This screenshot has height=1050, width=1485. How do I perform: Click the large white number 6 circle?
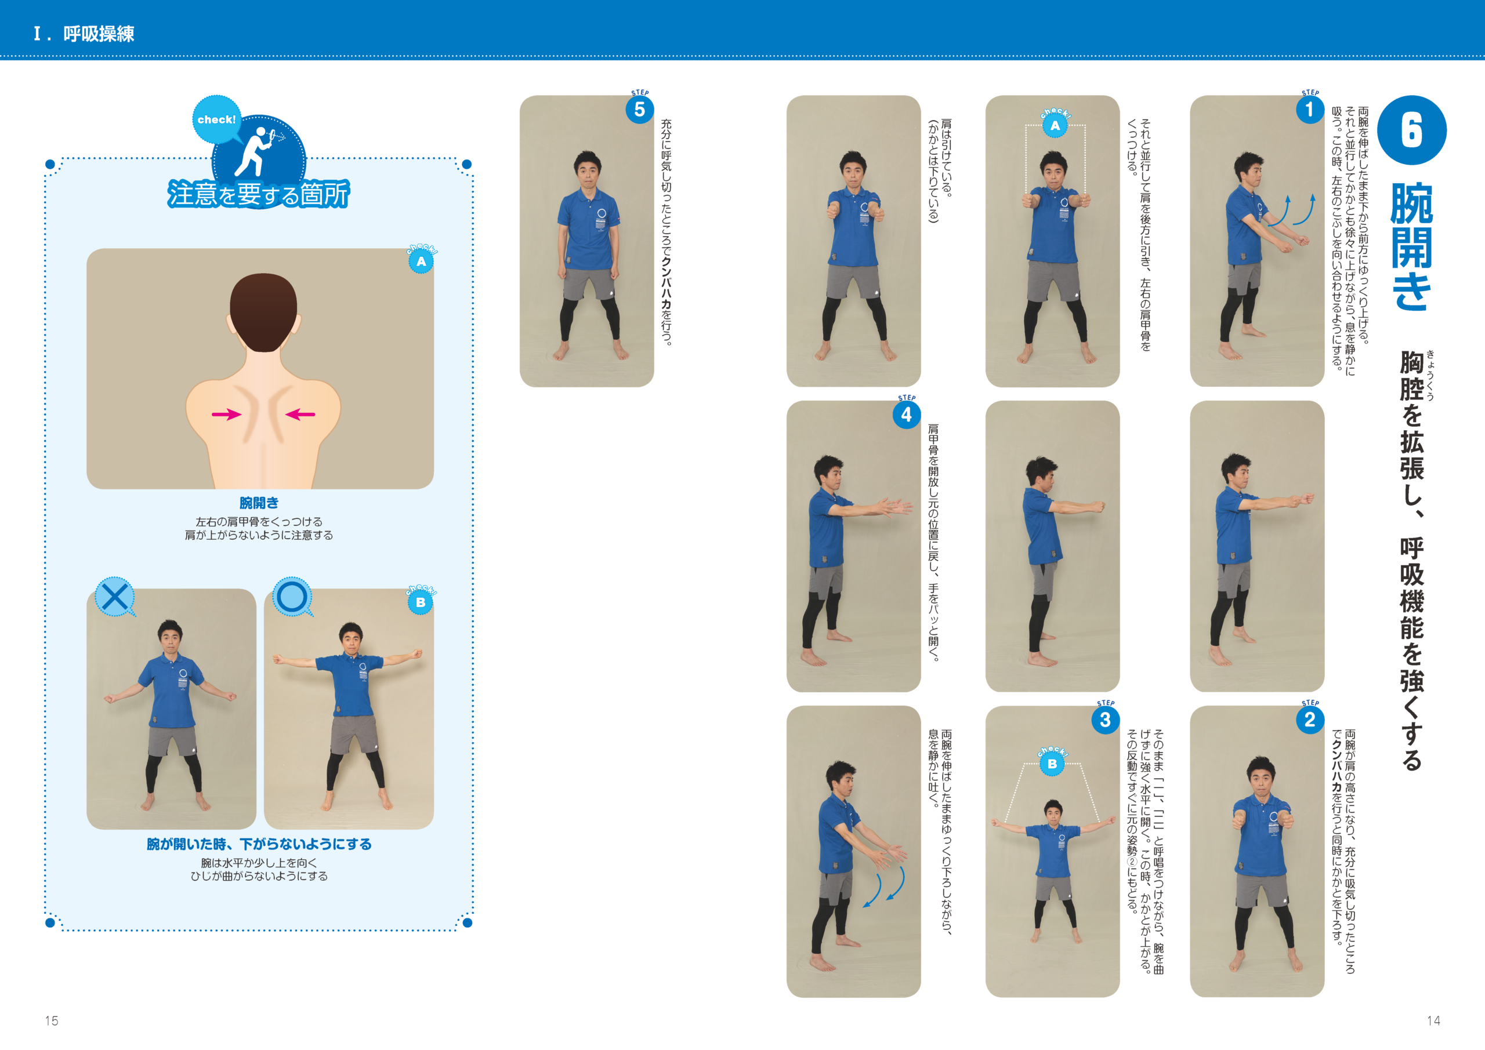[x=1411, y=130]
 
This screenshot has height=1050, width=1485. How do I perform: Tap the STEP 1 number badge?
[x=1310, y=109]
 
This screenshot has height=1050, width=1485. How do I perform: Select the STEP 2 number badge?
[x=1310, y=720]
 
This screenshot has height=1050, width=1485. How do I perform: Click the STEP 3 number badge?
[x=1106, y=720]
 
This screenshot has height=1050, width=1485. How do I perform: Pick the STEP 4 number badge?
[x=906, y=415]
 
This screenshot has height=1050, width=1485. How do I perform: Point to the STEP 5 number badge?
[x=640, y=109]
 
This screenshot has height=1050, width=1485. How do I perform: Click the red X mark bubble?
[x=115, y=597]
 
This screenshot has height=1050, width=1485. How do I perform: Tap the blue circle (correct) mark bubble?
[x=292, y=597]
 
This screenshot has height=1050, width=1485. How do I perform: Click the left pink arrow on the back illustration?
[x=226, y=415]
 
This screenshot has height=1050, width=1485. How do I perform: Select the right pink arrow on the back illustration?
[x=300, y=415]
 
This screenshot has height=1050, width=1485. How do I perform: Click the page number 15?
[x=52, y=1021]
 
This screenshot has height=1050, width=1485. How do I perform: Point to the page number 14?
[x=1433, y=1021]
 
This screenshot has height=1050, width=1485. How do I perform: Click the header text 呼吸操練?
[x=99, y=34]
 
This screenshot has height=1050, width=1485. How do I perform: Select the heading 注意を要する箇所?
[x=259, y=194]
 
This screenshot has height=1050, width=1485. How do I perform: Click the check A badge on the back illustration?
[x=421, y=260]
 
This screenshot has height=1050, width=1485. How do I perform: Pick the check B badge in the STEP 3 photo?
[x=1052, y=763]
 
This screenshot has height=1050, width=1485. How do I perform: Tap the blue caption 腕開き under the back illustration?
[x=259, y=502]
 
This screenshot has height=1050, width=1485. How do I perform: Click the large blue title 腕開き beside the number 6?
[x=1411, y=246]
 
